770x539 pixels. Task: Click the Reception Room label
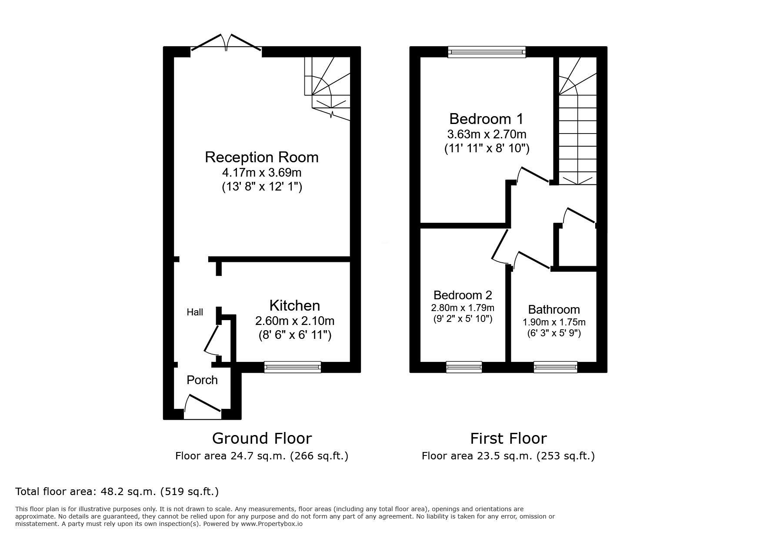[x=261, y=157]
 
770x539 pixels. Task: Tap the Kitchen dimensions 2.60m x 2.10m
[x=294, y=321]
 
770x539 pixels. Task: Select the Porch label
[x=202, y=380]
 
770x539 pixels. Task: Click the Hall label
[x=195, y=312]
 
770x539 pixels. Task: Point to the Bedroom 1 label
[x=486, y=119]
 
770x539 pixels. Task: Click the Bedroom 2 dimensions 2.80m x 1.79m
[x=463, y=308]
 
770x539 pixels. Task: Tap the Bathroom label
[x=554, y=310]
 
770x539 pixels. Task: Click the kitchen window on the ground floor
[x=293, y=367]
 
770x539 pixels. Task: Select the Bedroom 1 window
[x=487, y=52]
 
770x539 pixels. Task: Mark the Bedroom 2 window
[x=464, y=367]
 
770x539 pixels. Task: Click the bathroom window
[x=555, y=367]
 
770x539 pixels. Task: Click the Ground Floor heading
[x=262, y=438]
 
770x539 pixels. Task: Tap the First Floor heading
[x=508, y=438]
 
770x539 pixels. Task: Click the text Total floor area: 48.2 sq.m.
[x=117, y=492]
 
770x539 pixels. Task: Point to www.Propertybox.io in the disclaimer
[x=272, y=524]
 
